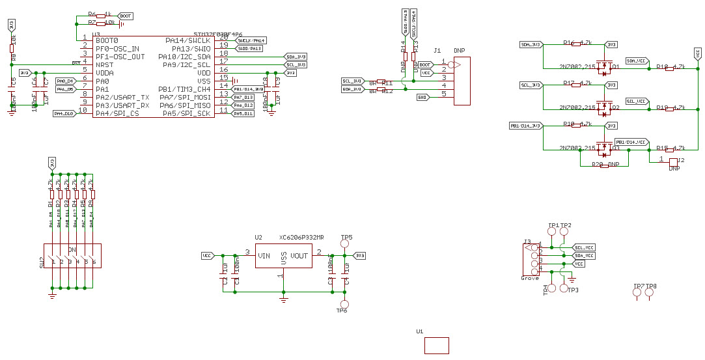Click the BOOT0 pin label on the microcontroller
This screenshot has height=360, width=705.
pos(107,40)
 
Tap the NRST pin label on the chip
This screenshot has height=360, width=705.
pos(105,64)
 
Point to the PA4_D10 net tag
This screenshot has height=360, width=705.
pos(64,113)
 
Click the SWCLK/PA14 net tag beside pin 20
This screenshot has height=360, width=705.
pos(251,40)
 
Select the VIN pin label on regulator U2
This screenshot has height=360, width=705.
pos(264,256)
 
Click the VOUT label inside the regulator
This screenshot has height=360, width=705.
pos(299,256)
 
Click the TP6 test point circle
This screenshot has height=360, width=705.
pos(345,304)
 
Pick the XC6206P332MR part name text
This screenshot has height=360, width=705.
pos(301,238)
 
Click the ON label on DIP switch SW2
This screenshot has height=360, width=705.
pos(72,250)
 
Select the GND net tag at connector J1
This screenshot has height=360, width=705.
pos(422,97)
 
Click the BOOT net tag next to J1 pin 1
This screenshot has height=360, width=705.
pos(425,65)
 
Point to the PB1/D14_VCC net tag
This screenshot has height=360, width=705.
pos(631,142)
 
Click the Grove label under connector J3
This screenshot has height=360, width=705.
pos(530,278)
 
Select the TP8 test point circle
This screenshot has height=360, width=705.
pos(650,294)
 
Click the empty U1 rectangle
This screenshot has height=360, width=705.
pos(436,345)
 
